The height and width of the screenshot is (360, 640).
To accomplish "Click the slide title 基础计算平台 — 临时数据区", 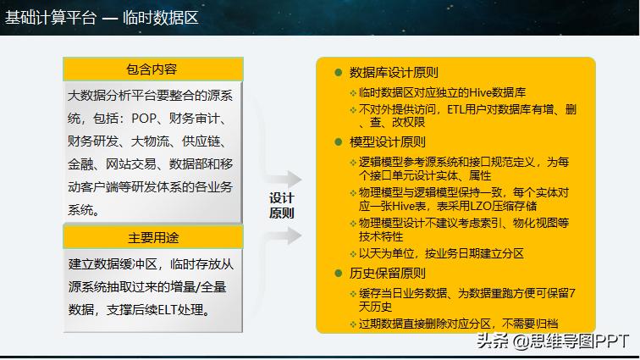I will pos(102,16).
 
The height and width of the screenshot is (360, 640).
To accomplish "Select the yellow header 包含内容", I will pos(152,69).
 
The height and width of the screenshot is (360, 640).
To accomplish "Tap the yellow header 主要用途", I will pos(153,237).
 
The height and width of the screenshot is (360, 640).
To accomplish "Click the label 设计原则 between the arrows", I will pos(281,205).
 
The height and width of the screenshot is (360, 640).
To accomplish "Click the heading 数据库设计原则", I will pos(394,73).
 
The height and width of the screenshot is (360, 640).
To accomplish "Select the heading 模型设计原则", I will pos(388,141).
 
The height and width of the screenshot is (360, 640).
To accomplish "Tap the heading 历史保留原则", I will pos(388,274).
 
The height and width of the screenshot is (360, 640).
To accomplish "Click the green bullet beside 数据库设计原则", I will pos(338,73).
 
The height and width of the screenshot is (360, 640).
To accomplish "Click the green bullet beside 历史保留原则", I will pos(338,274).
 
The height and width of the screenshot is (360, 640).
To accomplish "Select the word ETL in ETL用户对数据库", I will pos(458,109).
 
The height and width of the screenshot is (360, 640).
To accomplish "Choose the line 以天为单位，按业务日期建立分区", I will pos(441,253).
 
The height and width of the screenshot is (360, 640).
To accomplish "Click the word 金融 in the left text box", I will pos(82,163).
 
